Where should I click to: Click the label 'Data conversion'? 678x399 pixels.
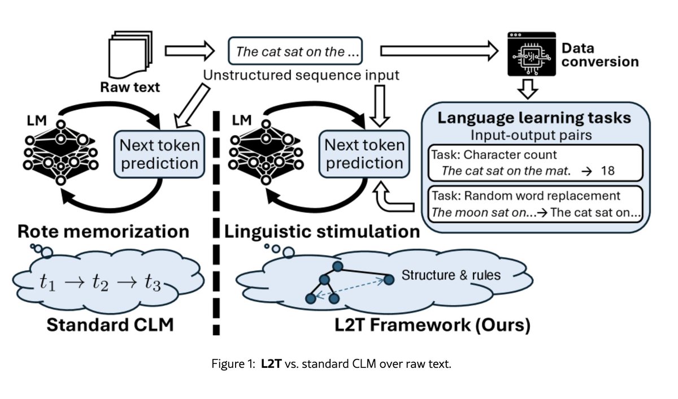click(599, 55)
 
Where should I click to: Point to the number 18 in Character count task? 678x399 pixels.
click(607, 170)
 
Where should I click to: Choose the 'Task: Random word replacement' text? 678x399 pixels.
click(525, 196)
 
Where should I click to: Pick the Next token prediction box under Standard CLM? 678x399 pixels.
click(159, 154)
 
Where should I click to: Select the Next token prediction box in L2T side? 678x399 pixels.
click(364, 154)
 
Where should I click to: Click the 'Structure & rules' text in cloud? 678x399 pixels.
click(451, 276)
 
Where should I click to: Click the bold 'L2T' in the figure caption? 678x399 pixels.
click(272, 365)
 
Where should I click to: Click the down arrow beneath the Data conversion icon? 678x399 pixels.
click(531, 88)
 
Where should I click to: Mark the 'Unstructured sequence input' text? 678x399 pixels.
click(301, 76)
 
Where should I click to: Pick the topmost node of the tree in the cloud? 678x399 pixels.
click(338, 265)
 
